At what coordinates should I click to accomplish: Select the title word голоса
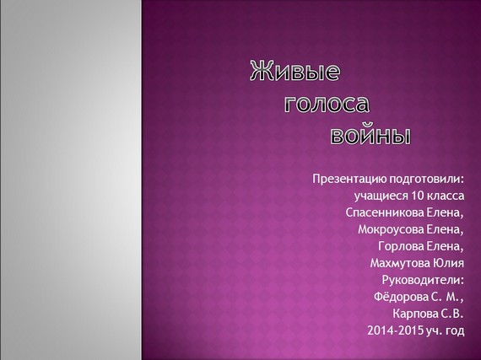click(327, 104)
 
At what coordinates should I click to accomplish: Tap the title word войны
click(370, 135)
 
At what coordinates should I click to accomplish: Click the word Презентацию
click(349, 180)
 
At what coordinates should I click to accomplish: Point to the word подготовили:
click(427, 180)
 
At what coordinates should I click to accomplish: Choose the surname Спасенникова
click(385, 212)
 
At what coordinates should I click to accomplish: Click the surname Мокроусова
click(391, 229)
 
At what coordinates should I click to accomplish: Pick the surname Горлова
click(401, 246)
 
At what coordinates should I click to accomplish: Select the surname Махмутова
click(400, 263)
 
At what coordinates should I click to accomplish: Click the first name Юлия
click(448, 263)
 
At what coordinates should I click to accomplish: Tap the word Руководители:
click(423, 280)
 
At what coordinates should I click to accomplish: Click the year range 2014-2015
click(396, 330)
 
